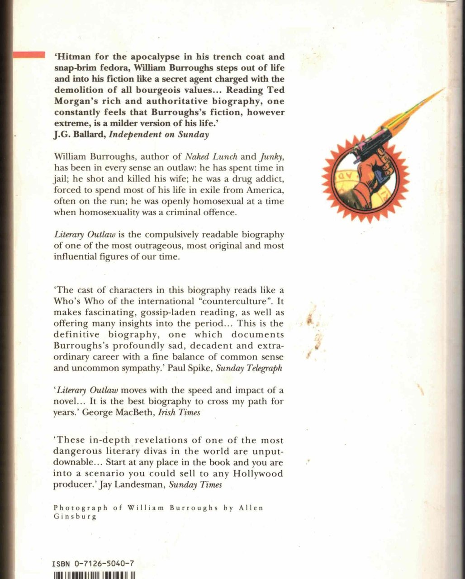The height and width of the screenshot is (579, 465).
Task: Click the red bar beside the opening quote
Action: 28,55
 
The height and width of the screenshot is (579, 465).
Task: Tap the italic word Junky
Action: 271,157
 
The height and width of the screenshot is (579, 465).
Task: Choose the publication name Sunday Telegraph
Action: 249,368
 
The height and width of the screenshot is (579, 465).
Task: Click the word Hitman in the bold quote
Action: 74,57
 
